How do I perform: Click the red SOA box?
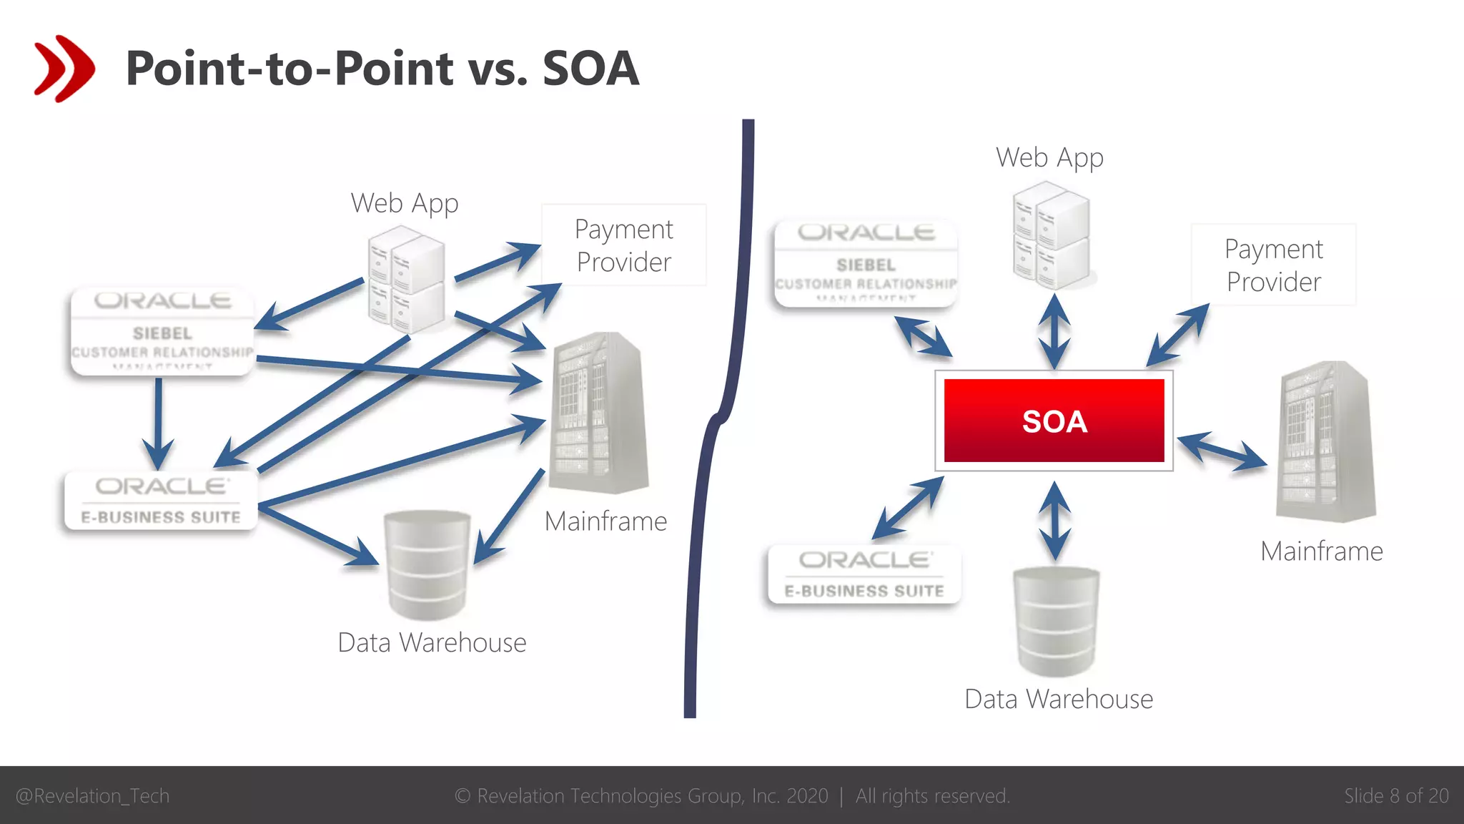(1054, 421)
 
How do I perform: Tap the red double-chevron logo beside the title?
(64, 69)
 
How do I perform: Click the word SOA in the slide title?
(590, 69)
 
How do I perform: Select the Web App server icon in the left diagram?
(406, 280)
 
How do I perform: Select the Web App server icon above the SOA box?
(1051, 235)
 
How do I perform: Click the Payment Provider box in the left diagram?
(623, 245)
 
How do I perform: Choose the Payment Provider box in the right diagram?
(1273, 265)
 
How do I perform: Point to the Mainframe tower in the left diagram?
(599, 413)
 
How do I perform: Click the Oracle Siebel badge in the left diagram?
(162, 332)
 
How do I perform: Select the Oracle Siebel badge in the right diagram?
(866, 263)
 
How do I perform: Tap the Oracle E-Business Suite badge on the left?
(161, 501)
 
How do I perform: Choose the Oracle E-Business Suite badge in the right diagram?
(864, 574)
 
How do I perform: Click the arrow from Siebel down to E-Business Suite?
(158, 422)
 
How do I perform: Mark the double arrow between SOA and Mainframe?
(1222, 451)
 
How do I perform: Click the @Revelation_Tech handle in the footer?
(93, 795)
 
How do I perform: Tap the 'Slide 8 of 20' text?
(1396, 795)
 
